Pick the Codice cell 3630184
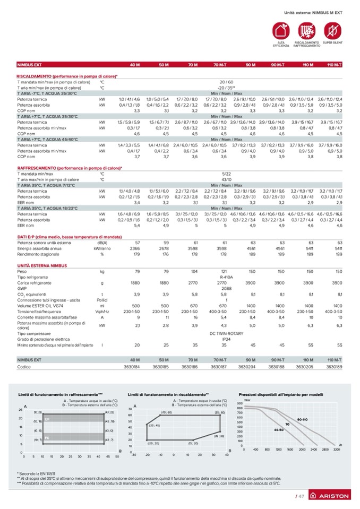point(131,366)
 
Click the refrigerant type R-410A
point(227,277)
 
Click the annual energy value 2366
point(135,248)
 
